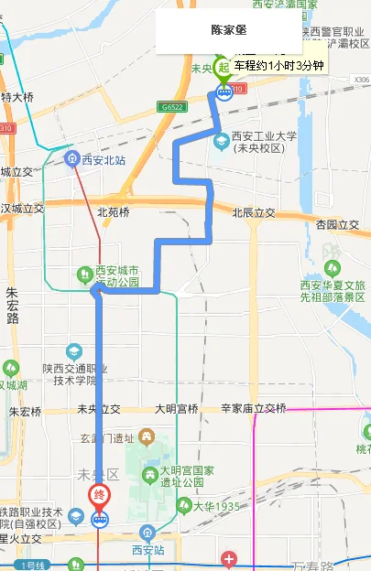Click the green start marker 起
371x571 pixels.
click(223, 66)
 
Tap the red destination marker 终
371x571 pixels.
click(101, 496)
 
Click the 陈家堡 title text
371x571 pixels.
click(228, 30)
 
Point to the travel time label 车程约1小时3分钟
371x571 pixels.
click(278, 66)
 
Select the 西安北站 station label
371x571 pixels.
click(102, 159)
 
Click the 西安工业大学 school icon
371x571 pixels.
click(221, 140)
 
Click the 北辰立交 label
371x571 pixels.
click(254, 213)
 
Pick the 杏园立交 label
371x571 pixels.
click(337, 224)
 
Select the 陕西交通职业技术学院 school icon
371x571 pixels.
click(74, 351)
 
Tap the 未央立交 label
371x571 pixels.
click(99, 409)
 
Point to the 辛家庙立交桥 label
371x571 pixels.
click(254, 409)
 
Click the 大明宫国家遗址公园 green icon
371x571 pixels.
click(150, 473)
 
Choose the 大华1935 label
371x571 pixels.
click(215, 506)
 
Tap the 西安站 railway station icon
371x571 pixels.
click(147, 533)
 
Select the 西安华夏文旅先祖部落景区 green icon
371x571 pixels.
click(332, 269)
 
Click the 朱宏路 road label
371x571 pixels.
click(13, 306)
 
